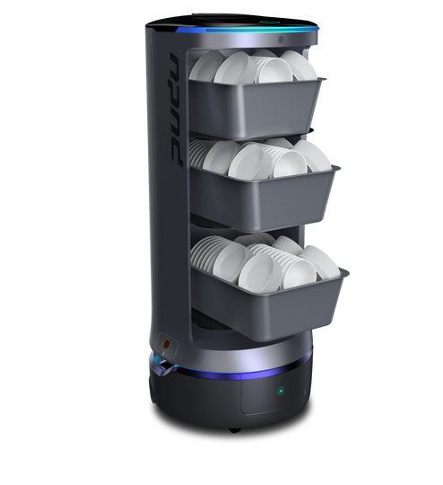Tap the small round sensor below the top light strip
pyautogui.click(x=280, y=40)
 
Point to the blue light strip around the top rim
pyautogui.click(x=247, y=30)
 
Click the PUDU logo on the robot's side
pyautogui.click(x=176, y=110)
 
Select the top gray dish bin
pyautogui.click(x=257, y=108)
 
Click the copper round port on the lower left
pyautogui.click(x=166, y=344)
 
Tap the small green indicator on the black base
pyautogui.click(x=281, y=391)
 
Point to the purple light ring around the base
pyautogui.click(x=235, y=374)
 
